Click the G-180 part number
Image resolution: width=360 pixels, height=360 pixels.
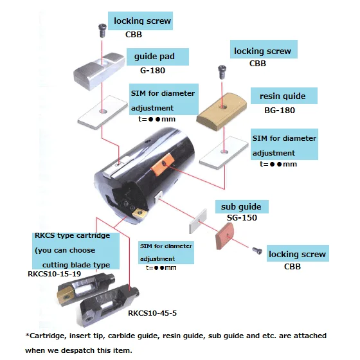coord(153,70)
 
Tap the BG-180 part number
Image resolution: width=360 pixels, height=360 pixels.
coord(280,110)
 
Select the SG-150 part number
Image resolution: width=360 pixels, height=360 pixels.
coord(242,218)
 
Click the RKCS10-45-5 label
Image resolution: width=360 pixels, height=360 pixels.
coord(152,313)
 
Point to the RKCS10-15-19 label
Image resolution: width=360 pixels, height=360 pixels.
coord(54,274)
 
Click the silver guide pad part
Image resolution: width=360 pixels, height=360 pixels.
coord(99,71)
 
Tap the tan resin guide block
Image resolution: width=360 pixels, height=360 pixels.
coord(222,111)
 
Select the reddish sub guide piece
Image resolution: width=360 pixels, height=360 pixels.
coord(224,237)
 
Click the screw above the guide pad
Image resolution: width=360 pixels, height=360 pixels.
coord(102,31)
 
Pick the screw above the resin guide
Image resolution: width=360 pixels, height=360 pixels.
coord(222,72)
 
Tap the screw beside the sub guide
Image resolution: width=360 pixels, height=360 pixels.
coord(257,251)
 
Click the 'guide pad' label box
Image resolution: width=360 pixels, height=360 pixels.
coord(157,57)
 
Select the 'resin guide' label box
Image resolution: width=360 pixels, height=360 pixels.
coord(284,96)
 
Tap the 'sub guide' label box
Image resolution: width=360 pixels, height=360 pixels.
coord(242,206)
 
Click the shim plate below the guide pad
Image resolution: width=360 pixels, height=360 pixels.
coord(103,113)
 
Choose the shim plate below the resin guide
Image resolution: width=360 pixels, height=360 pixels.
coord(224,153)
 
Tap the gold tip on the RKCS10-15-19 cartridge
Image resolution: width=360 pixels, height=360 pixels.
coord(66,297)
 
